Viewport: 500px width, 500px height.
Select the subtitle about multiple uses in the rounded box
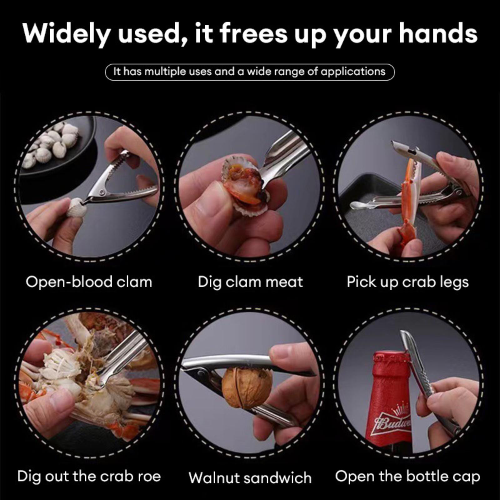tap(249, 72)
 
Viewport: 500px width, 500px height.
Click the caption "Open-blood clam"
tap(89, 282)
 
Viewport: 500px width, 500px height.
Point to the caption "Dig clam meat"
tap(250, 282)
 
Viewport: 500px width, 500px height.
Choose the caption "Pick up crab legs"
tap(408, 282)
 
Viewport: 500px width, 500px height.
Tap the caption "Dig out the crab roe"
tap(89, 476)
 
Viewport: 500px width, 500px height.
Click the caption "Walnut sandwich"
tap(250, 478)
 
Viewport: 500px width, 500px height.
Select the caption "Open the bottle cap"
tap(407, 477)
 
